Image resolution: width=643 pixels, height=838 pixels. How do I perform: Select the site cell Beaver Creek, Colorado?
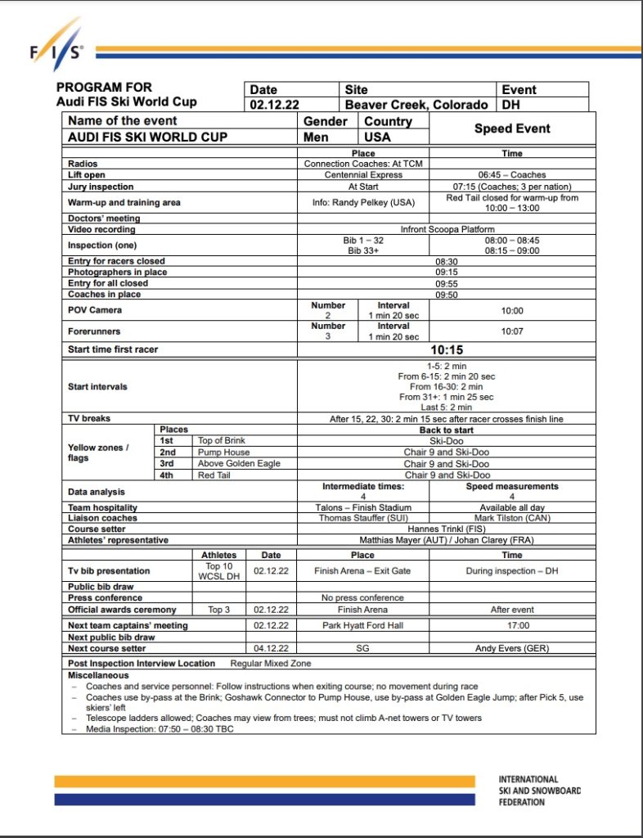[416, 105]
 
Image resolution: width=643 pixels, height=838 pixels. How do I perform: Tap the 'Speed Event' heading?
[512, 128]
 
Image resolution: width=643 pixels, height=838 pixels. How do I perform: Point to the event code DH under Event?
[510, 105]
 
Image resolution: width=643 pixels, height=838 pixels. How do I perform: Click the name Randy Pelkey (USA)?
[362, 202]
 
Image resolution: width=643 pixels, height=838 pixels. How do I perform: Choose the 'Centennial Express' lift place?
[363, 175]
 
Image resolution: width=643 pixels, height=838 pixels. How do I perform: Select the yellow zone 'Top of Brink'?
[223, 440]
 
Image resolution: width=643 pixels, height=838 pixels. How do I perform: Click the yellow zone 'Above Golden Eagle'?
[239, 463]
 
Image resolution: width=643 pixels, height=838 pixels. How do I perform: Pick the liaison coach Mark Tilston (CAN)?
[512, 518]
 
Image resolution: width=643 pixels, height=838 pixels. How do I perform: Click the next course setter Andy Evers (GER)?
[512, 648]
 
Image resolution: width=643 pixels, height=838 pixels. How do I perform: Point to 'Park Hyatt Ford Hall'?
[363, 625]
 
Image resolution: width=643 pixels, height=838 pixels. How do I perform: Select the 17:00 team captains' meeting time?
[512, 625]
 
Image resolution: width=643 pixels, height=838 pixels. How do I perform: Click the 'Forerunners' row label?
[94, 331]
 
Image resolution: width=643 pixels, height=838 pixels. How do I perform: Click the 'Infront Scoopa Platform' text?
[447, 230]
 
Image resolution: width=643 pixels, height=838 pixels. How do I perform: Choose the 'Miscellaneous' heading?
[98, 675]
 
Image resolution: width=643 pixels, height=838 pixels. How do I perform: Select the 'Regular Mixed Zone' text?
[271, 663]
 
